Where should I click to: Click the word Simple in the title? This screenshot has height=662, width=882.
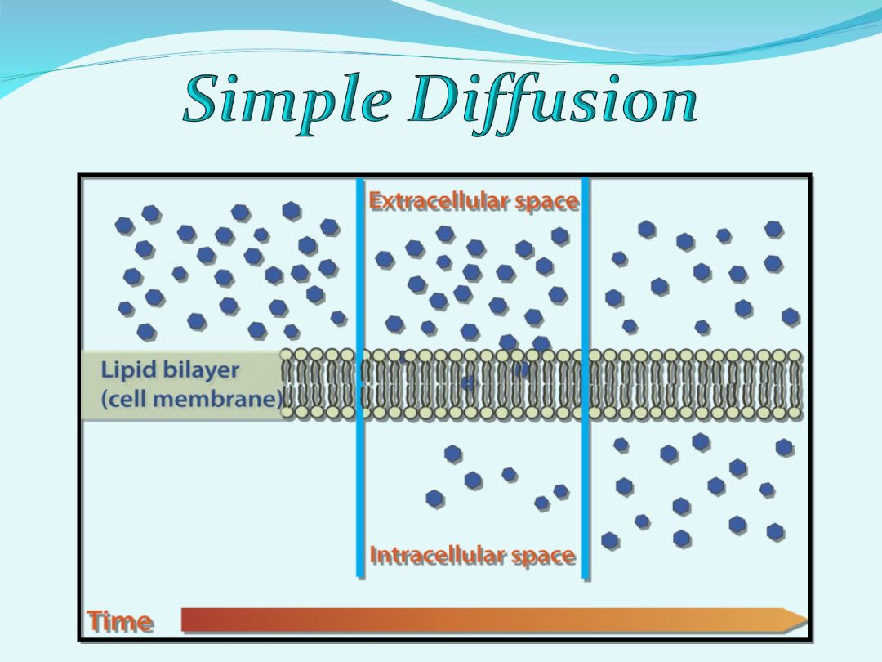tap(287, 101)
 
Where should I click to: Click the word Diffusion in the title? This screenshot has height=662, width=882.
tap(554, 101)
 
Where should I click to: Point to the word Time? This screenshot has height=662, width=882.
tap(120, 622)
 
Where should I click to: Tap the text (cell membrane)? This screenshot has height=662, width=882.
tap(191, 399)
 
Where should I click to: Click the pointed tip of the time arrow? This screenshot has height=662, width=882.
tap(808, 620)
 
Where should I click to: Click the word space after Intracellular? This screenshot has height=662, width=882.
tap(543, 557)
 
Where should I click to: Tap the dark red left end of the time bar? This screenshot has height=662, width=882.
tap(185, 620)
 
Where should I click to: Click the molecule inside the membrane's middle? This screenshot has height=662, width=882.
tap(468, 384)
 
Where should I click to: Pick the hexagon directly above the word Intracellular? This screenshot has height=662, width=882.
tap(434, 499)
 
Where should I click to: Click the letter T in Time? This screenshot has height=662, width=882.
tap(96, 621)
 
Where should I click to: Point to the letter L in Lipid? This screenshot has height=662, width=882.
tap(105, 370)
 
